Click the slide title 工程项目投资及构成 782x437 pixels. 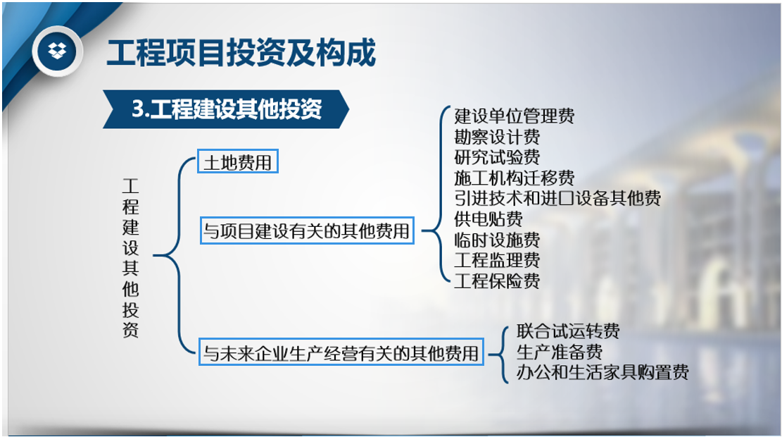(241, 52)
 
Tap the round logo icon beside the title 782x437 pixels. (57, 51)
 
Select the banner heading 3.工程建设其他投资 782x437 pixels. (227, 109)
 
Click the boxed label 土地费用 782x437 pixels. (238, 161)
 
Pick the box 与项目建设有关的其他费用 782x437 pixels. (307, 230)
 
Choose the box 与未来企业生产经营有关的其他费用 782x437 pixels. (341, 352)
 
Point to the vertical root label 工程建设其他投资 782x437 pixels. (131, 258)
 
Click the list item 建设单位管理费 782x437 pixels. (515, 116)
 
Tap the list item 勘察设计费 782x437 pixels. (497, 137)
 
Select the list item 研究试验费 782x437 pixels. (497, 157)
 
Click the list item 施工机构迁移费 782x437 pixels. (515, 178)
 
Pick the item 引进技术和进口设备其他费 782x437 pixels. (557, 198)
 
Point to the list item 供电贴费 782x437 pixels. (488, 218)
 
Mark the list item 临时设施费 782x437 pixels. (497, 240)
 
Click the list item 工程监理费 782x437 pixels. (497, 260)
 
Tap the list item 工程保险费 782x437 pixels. (497, 281)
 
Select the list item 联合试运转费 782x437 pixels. (568, 331)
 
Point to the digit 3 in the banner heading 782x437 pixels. (138, 109)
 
